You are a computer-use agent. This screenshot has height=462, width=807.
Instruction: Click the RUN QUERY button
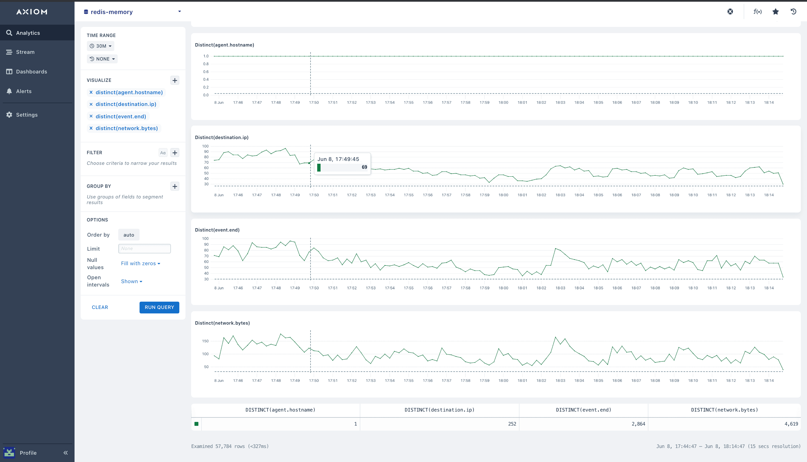[x=159, y=307]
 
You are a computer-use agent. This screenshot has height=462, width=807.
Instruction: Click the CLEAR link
[x=100, y=307]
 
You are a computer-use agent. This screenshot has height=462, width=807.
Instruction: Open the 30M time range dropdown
[x=101, y=46]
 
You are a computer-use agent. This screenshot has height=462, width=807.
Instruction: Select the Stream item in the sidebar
[x=25, y=52]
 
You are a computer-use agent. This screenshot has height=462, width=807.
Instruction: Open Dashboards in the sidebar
[x=31, y=72]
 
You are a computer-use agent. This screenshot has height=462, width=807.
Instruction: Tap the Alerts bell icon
[x=9, y=91]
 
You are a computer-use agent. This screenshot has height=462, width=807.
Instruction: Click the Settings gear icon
[x=9, y=115]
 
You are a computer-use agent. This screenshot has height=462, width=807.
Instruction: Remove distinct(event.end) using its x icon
[x=91, y=116]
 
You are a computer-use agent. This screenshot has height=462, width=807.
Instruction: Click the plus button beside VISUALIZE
[x=175, y=80]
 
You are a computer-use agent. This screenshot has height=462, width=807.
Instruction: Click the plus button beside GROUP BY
[x=175, y=186]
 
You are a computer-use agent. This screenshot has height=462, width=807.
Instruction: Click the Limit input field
[x=144, y=248]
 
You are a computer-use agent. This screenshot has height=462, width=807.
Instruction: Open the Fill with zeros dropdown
[x=140, y=263]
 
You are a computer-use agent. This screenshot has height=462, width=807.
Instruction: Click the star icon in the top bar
[x=776, y=12]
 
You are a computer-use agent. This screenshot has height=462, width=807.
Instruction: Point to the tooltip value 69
[x=364, y=167]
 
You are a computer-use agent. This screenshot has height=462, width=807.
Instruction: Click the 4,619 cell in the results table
[x=791, y=424]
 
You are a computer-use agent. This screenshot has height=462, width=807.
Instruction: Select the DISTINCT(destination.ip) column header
[x=439, y=410]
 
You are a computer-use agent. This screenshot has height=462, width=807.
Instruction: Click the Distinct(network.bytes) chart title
[x=222, y=323]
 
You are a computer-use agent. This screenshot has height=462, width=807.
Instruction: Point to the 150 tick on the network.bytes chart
[x=205, y=341]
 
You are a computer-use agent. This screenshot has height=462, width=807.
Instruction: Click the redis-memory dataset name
[x=112, y=12]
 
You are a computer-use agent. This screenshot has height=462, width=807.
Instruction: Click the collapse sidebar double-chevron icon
[x=66, y=453]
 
